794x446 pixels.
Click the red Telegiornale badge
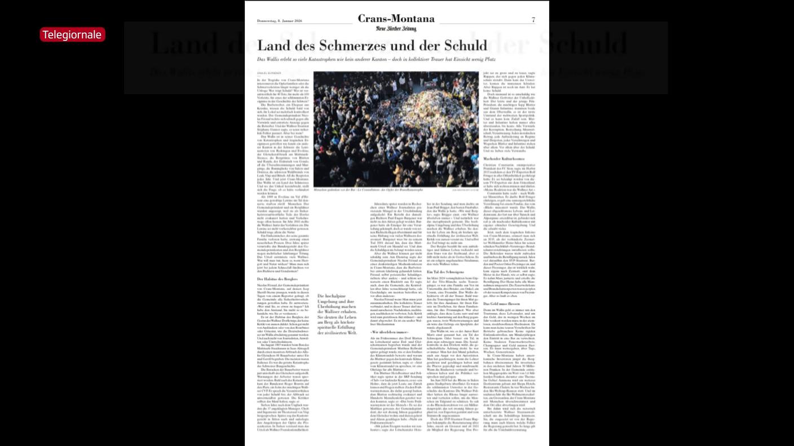(72, 35)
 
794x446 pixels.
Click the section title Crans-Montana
(396, 19)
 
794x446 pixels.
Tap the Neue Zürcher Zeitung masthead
(396, 28)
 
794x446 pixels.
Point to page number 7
(533, 20)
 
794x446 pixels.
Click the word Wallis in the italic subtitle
(275, 59)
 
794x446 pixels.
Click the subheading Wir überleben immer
(389, 332)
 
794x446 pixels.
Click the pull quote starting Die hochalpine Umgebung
(337, 314)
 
